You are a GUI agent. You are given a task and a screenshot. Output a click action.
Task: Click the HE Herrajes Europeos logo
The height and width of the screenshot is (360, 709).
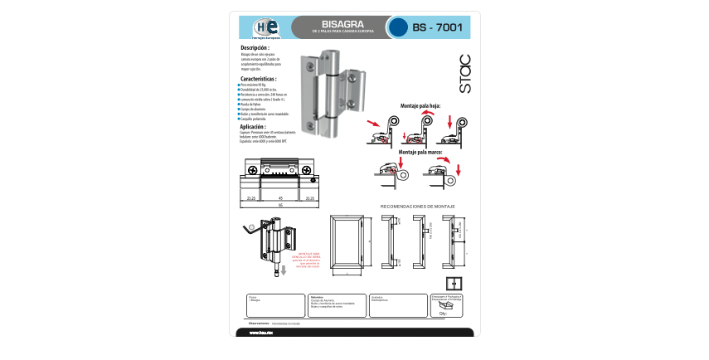[266, 27]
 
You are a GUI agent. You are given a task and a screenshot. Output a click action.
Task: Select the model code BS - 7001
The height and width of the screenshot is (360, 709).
[437, 27]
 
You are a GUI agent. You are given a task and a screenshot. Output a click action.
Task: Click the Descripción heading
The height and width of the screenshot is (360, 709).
[255, 49]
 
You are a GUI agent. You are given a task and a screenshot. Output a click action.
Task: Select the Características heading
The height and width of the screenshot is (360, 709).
[258, 79]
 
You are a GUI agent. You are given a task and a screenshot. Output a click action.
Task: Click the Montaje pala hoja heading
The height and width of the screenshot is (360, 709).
[420, 105]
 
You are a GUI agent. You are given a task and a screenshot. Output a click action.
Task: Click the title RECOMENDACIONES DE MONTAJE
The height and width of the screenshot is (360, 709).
[417, 206]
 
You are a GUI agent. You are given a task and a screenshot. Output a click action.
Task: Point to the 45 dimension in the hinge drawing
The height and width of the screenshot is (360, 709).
[280, 198]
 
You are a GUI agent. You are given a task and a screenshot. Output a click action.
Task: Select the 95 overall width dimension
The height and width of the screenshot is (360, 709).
[280, 205]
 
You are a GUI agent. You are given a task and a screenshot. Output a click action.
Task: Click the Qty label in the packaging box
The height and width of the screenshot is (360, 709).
[443, 314]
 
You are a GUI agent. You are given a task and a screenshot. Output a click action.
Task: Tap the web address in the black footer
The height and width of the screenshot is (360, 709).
[261, 333]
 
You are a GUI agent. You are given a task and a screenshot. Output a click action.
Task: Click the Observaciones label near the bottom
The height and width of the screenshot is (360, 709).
[259, 324]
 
